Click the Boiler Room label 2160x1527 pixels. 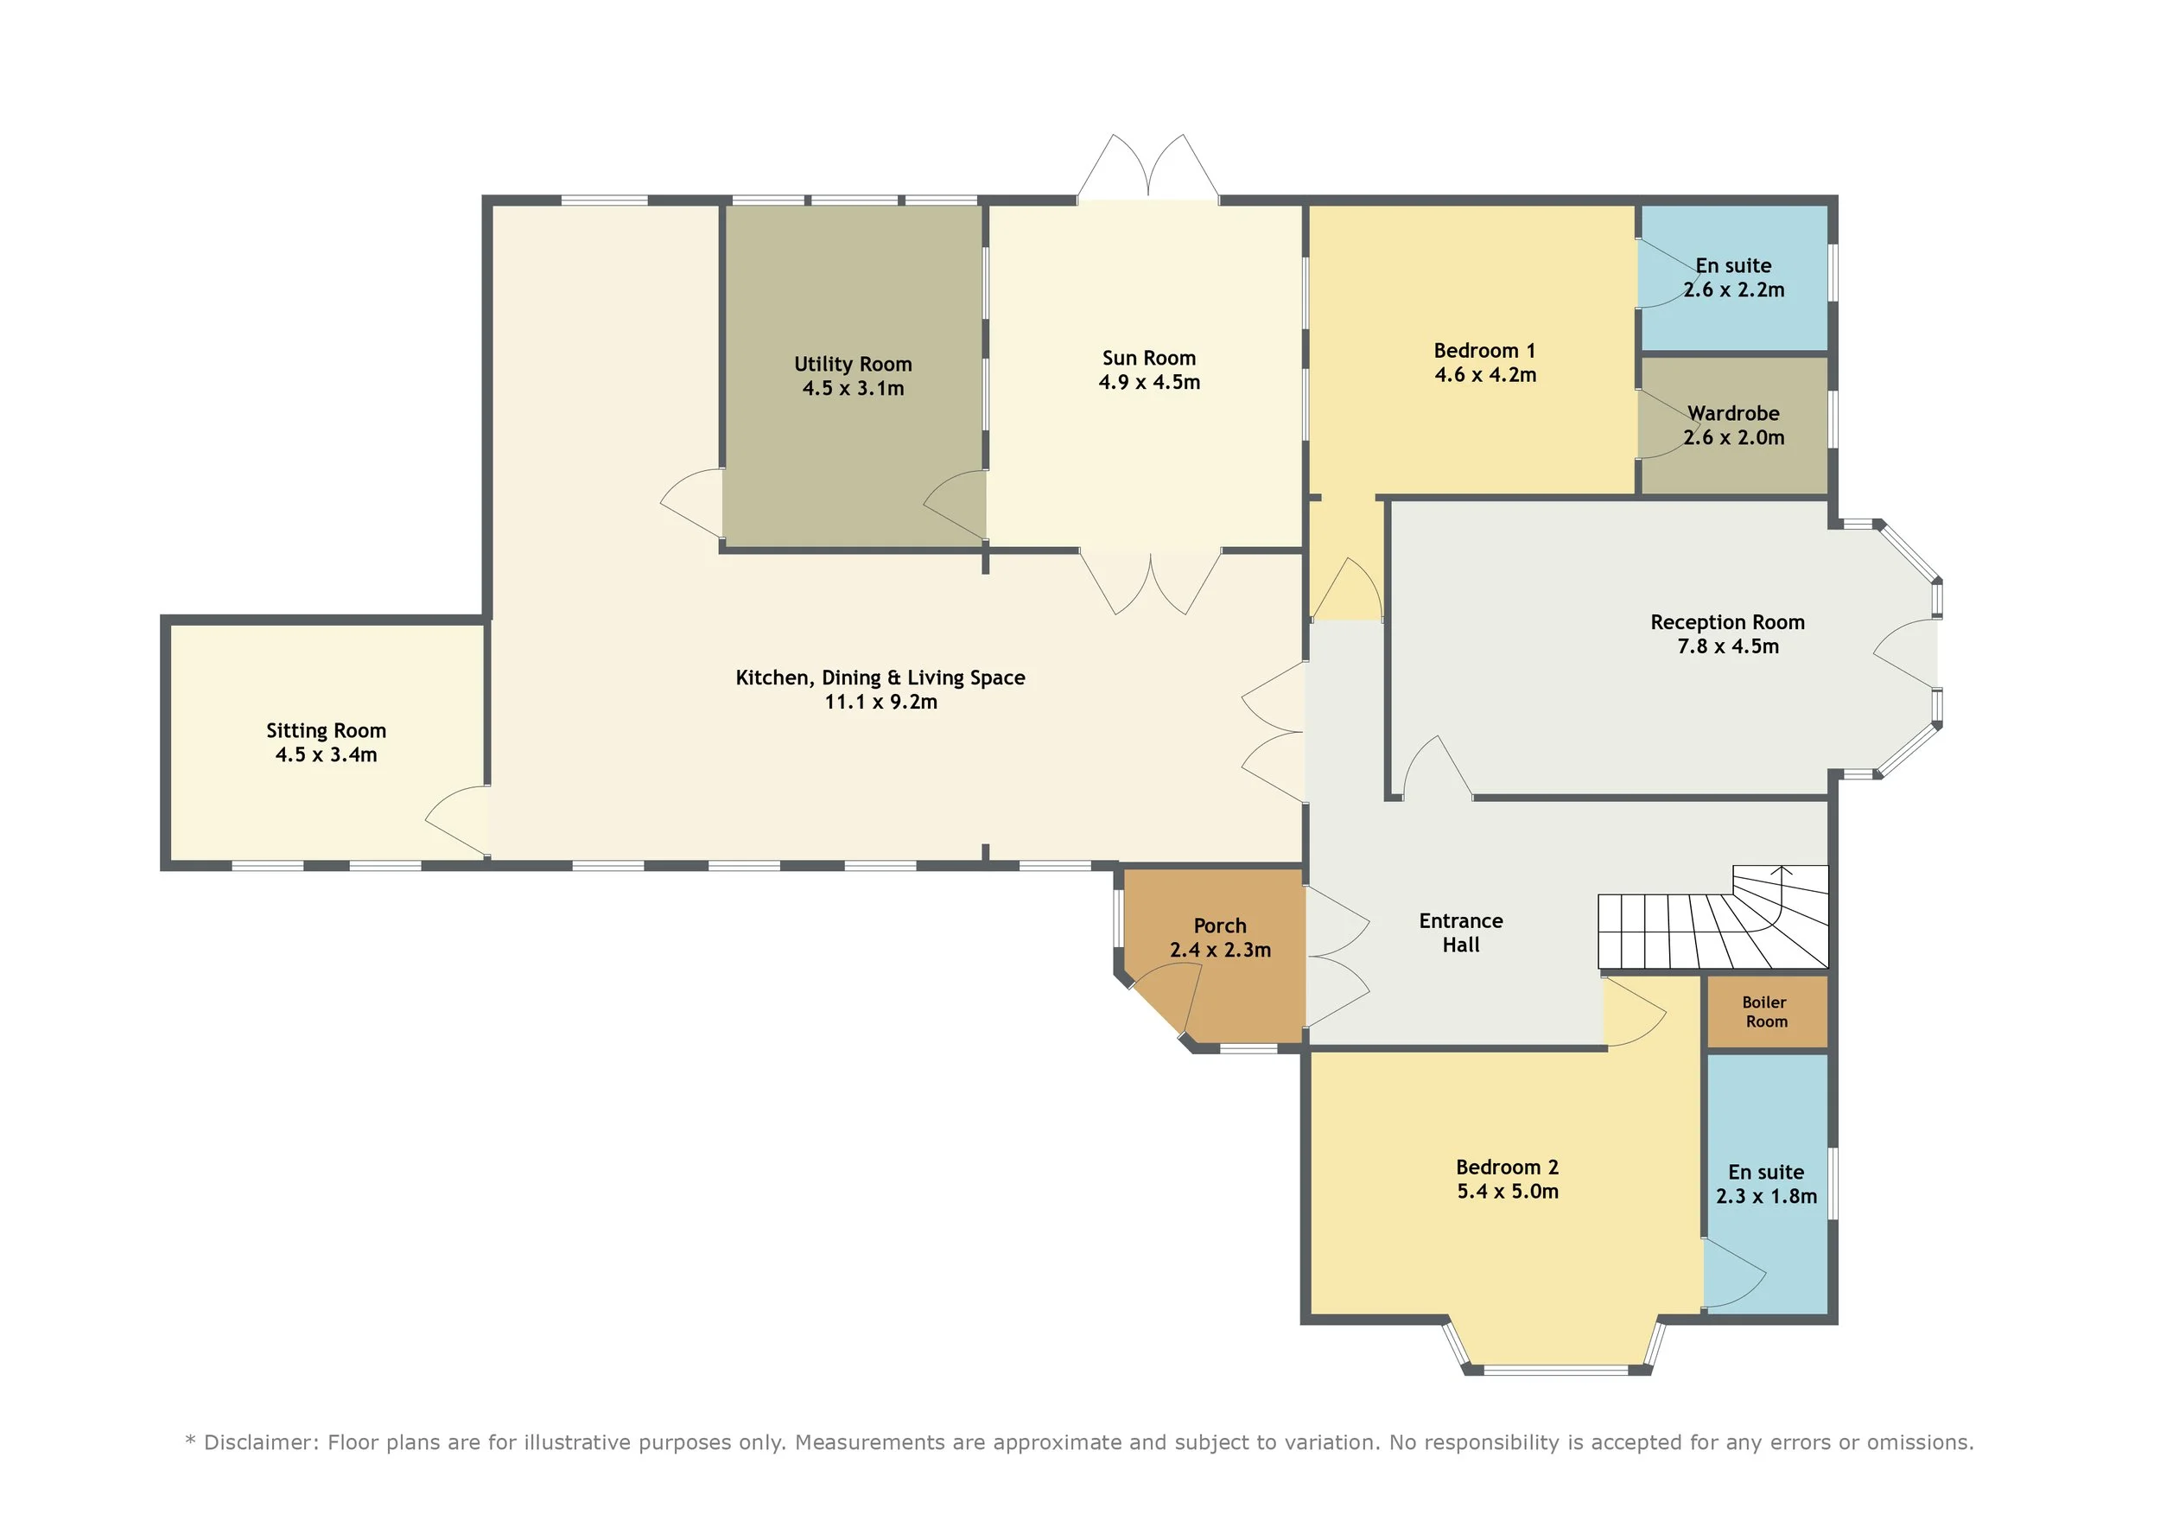(x=1766, y=1011)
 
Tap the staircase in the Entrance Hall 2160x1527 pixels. (x=1712, y=918)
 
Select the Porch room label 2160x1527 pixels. (x=1220, y=926)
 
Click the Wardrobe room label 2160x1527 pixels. (x=1733, y=413)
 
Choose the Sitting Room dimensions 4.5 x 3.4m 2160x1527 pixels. (x=326, y=754)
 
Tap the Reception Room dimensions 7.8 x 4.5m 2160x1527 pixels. (x=1728, y=646)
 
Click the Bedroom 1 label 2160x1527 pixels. (x=1484, y=351)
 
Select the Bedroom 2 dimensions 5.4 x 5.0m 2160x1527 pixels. (x=1508, y=1191)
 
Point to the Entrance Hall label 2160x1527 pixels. (x=1461, y=932)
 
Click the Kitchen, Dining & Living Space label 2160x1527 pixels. (x=880, y=678)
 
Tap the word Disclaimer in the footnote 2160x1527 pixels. (x=257, y=1442)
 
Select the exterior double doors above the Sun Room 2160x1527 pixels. (x=1147, y=167)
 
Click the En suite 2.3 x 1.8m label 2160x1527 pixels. (x=1766, y=1184)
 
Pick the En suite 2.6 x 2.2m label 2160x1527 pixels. (x=1733, y=277)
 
